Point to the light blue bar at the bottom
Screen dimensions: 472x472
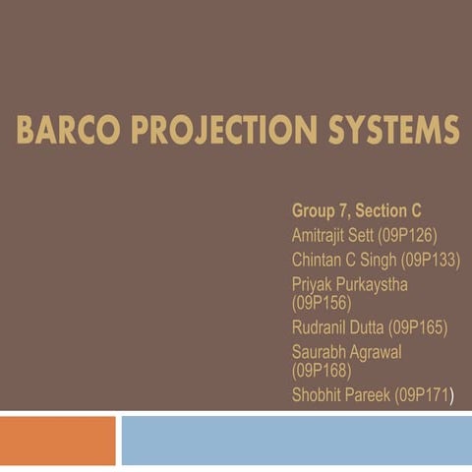[x=295, y=440]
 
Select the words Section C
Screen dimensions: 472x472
[x=388, y=210]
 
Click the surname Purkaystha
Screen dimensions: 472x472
[x=369, y=284]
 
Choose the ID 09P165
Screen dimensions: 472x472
[x=419, y=327]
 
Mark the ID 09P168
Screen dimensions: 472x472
[x=322, y=371]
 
